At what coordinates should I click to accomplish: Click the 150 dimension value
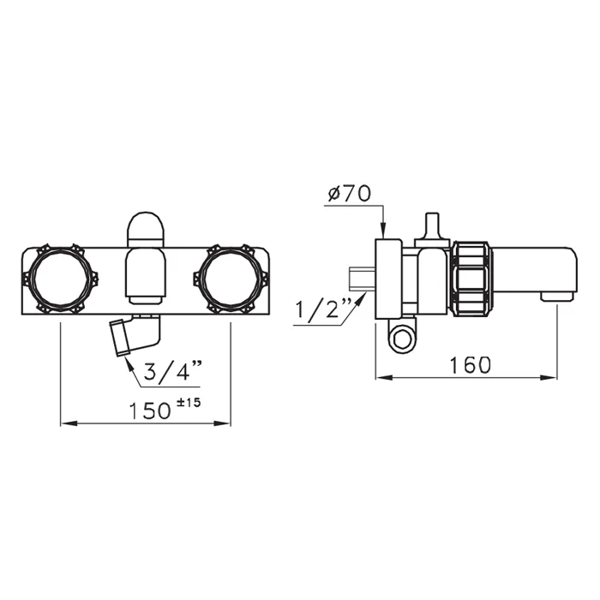point(149,411)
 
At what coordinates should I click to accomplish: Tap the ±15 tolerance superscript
point(189,403)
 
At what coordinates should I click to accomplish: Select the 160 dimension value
point(470,365)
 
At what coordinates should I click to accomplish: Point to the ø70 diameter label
point(350,193)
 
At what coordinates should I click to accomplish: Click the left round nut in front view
point(61,279)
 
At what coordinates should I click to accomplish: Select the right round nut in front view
point(231,279)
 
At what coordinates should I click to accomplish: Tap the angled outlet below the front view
point(135,334)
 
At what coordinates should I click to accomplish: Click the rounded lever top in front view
point(146,229)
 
